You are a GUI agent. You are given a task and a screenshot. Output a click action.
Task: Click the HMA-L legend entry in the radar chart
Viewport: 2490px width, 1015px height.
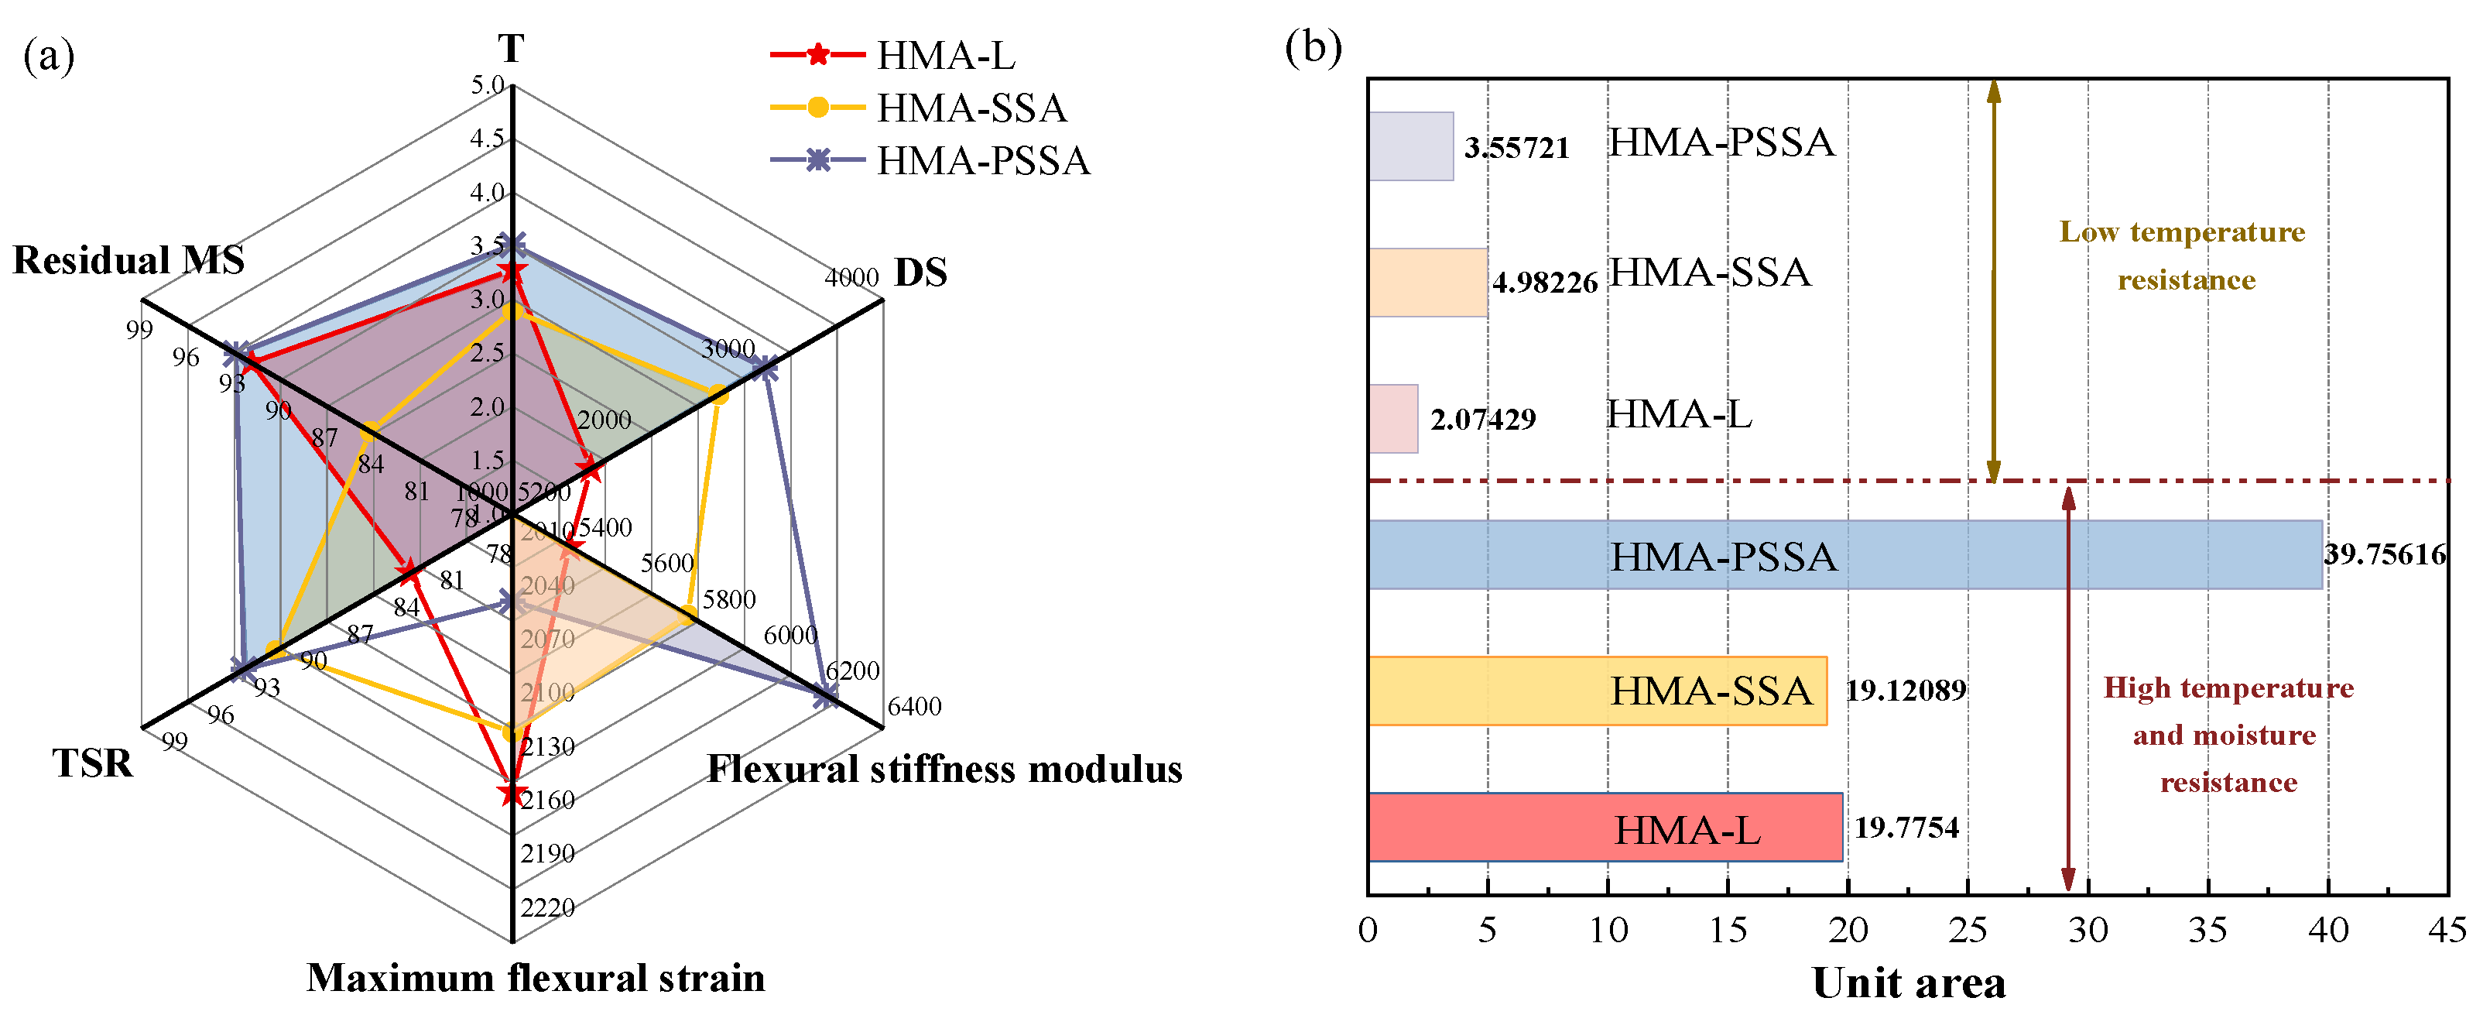(944, 55)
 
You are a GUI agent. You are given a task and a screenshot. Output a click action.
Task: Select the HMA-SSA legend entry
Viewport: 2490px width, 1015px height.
(971, 108)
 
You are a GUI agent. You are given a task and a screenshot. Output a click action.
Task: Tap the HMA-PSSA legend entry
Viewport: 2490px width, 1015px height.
(982, 160)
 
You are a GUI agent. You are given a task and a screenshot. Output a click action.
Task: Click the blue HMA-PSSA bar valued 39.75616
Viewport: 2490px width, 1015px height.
(1844, 555)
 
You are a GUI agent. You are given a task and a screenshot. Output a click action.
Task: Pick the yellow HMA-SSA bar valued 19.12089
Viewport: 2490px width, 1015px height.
(1596, 690)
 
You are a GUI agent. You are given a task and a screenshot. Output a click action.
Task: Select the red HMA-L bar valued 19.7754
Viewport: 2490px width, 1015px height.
(1604, 827)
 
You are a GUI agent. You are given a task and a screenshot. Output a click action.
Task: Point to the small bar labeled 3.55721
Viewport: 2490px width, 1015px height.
(1410, 146)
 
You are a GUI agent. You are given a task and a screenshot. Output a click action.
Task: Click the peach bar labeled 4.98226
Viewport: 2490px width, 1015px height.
(1427, 283)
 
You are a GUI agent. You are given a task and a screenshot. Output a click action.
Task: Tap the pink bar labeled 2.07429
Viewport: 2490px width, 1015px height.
(1393, 419)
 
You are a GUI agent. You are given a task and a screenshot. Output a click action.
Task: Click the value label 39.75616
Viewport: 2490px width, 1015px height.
(2385, 555)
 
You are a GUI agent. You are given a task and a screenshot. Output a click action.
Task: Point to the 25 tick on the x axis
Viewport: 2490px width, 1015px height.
(1968, 930)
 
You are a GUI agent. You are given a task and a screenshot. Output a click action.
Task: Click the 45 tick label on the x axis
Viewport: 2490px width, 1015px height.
(2447, 930)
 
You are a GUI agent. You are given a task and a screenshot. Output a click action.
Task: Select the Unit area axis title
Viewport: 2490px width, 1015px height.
(1908, 983)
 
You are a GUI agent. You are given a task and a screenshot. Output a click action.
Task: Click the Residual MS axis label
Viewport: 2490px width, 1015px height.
(128, 260)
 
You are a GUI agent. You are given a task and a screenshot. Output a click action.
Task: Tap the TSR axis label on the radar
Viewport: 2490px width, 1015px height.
(92, 763)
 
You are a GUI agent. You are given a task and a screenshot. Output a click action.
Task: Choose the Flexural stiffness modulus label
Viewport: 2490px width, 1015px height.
(944, 770)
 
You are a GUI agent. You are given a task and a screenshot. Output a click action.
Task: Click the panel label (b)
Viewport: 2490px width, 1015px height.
(1313, 46)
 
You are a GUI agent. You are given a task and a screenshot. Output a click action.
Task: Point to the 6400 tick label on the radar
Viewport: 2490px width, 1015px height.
(913, 707)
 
